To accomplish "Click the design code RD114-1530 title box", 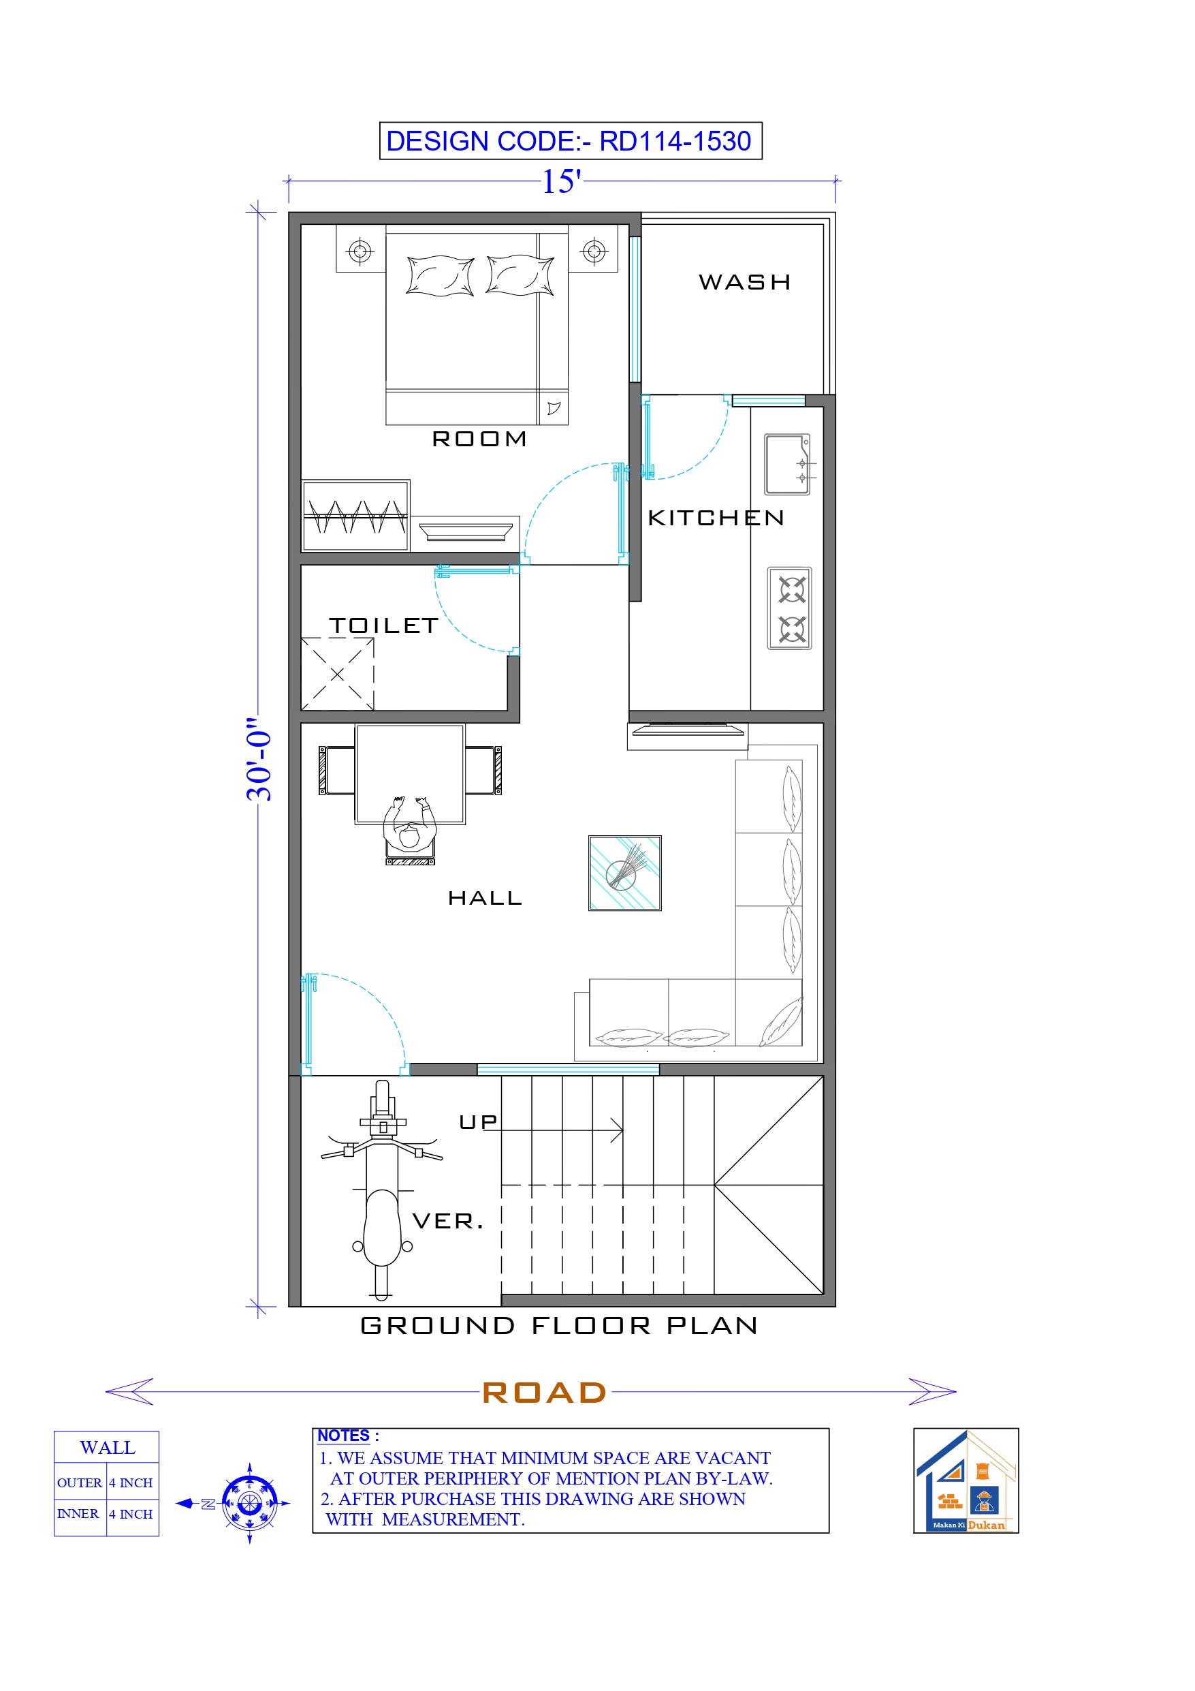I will (570, 140).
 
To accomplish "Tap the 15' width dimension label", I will (561, 181).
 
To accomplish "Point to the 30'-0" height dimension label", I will (259, 758).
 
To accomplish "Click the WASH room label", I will (744, 282).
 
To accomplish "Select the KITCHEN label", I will (716, 518).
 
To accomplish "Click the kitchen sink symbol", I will (786, 464).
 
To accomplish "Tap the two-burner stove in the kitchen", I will (789, 608).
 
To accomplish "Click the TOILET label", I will (383, 625).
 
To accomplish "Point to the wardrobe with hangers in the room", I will (355, 516).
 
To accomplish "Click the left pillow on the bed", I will (440, 276).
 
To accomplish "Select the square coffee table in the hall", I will (624, 873).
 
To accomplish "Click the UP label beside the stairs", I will (478, 1121).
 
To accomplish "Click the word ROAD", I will (544, 1392).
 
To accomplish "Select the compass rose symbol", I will (250, 1503).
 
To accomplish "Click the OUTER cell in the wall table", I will (80, 1483).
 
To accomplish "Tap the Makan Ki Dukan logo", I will (966, 1481).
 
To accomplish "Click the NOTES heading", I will (343, 1436).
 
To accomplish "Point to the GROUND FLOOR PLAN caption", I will (559, 1326).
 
